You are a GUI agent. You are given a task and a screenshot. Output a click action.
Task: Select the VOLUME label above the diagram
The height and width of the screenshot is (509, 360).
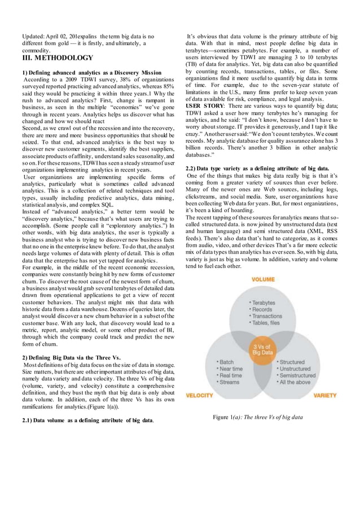[x=263, y=278]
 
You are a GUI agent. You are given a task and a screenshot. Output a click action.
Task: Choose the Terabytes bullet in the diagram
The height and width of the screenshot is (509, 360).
[x=264, y=303]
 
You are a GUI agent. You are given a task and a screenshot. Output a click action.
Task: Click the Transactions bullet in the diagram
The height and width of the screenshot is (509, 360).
[x=267, y=316]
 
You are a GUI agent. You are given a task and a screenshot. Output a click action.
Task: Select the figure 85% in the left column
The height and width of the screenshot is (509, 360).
[x=168, y=87]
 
